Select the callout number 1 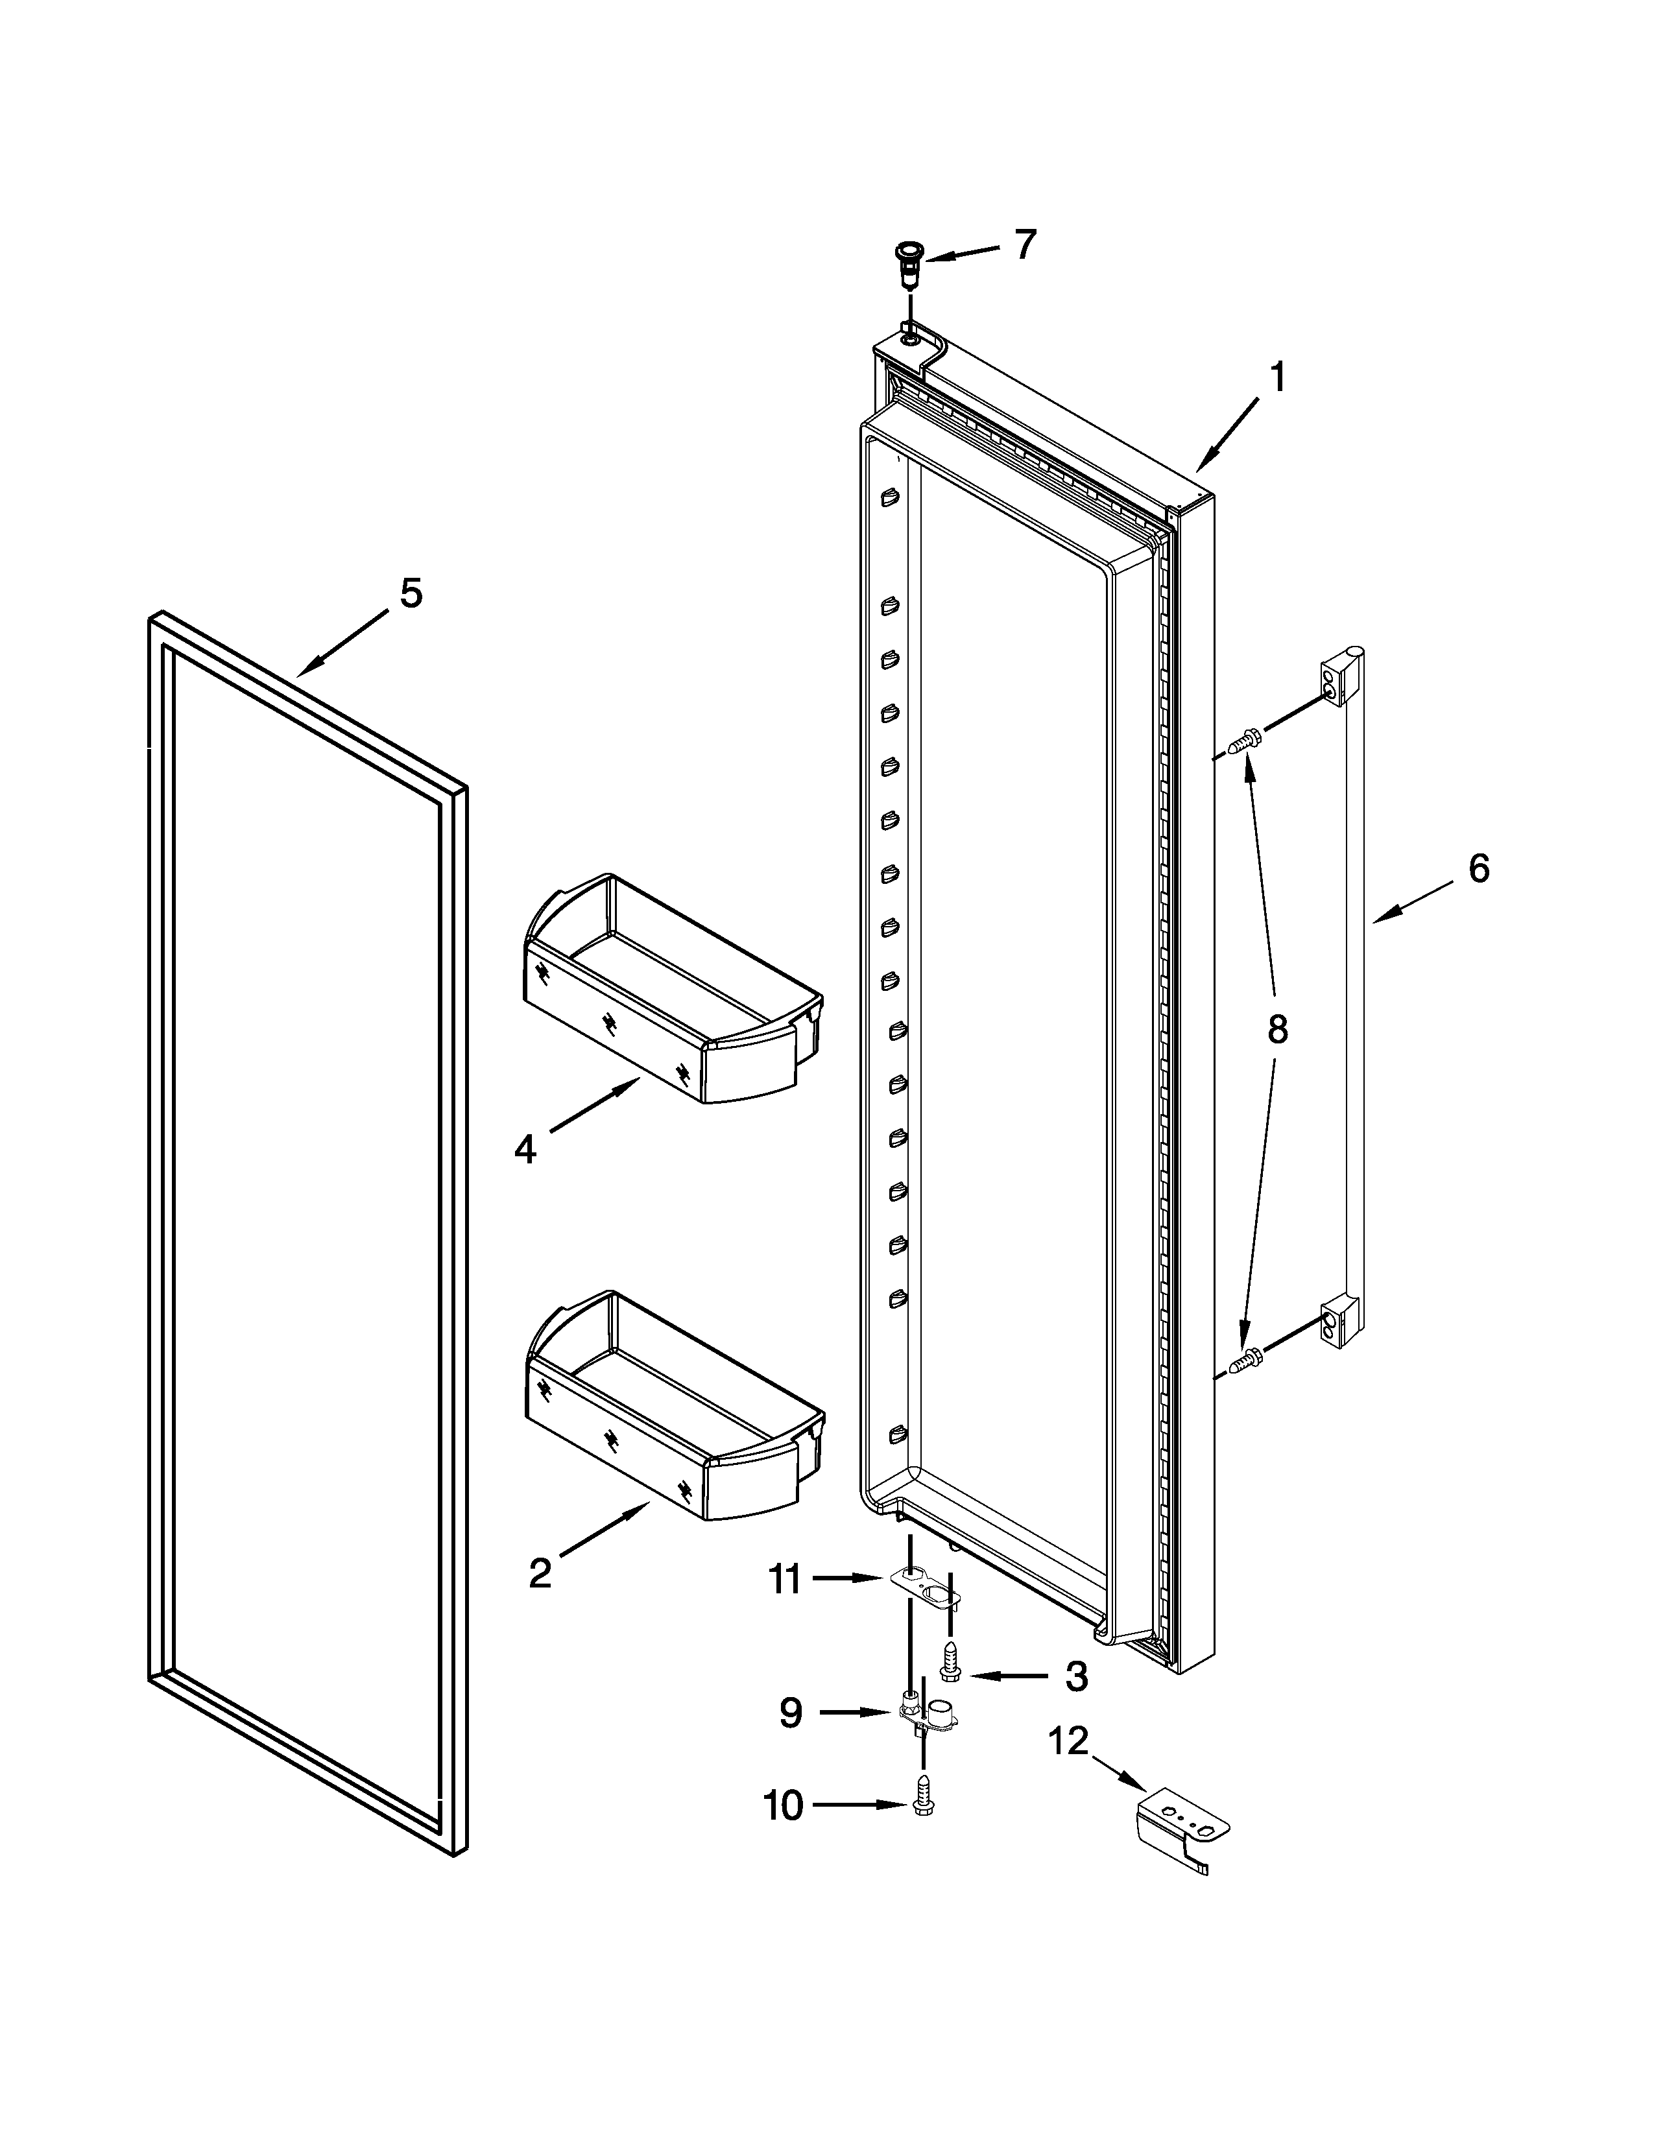click(1276, 377)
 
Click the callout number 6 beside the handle click(1479, 868)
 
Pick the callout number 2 click(540, 1574)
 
